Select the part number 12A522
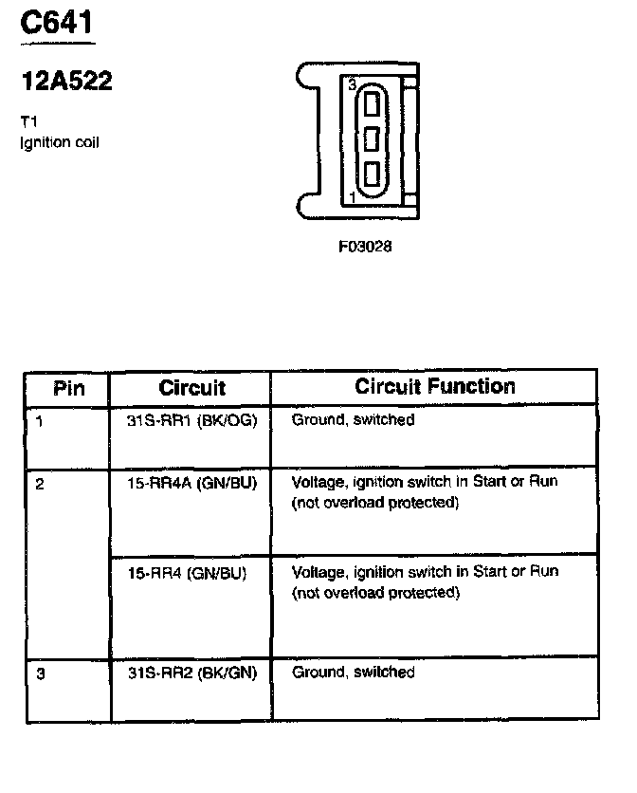pyautogui.click(x=66, y=83)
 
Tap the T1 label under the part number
pyautogui.click(x=28, y=122)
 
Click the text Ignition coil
pyautogui.click(x=59, y=142)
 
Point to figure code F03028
pyautogui.click(x=365, y=247)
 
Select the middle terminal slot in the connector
pyautogui.click(x=372, y=138)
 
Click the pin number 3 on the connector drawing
pyautogui.click(x=352, y=85)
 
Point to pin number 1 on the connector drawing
pyautogui.click(x=353, y=197)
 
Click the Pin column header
pyautogui.click(x=68, y=388)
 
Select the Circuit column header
pyautogui.click(x=191, y=388)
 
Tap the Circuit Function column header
pyautogui.click(x=435, y=387)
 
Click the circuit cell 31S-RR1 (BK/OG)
pyautogui.click(x=191, y=419)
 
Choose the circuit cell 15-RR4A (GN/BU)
pyautogui.click(x=191, y=482)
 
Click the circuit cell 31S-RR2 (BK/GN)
pyautogui.click(x=191, y=673)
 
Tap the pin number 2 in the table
pyautogui.click(x=40, y=484)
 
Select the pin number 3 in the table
pyautogui.click(x=40, y=673)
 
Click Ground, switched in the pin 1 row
pyautogui.click(x=353, y=419)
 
